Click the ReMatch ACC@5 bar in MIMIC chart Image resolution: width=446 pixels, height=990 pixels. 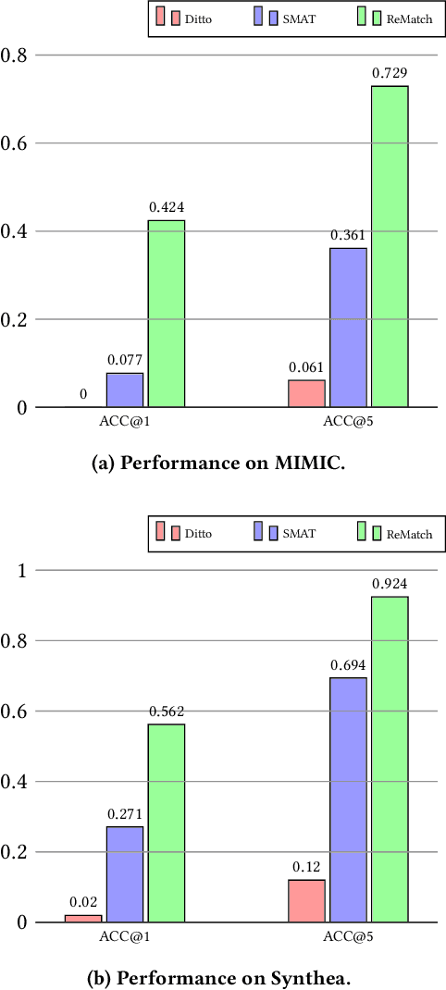[390, 246]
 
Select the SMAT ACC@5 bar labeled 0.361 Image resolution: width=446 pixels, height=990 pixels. [348, 328]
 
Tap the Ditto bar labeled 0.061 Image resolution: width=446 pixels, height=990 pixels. [306, 393]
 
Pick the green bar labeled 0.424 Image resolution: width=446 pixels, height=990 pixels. [167, 314]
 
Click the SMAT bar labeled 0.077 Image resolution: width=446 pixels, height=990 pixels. [125, 390]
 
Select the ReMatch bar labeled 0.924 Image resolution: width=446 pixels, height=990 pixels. [390, 759]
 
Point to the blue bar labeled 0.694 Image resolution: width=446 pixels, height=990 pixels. [348, 799]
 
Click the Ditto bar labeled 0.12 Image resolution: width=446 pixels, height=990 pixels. [306, 900]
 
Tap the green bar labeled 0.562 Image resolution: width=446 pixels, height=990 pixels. [167, 823]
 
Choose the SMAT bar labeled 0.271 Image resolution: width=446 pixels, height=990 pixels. [125, 873]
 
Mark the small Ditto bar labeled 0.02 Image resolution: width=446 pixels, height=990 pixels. [83, 918]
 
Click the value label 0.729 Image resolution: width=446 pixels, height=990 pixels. [390, 72]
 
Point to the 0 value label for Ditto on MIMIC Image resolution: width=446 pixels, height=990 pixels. [83, 394]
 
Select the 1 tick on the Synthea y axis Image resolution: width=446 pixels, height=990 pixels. [19, 570]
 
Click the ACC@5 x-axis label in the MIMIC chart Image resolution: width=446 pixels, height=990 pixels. [348, 423]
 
